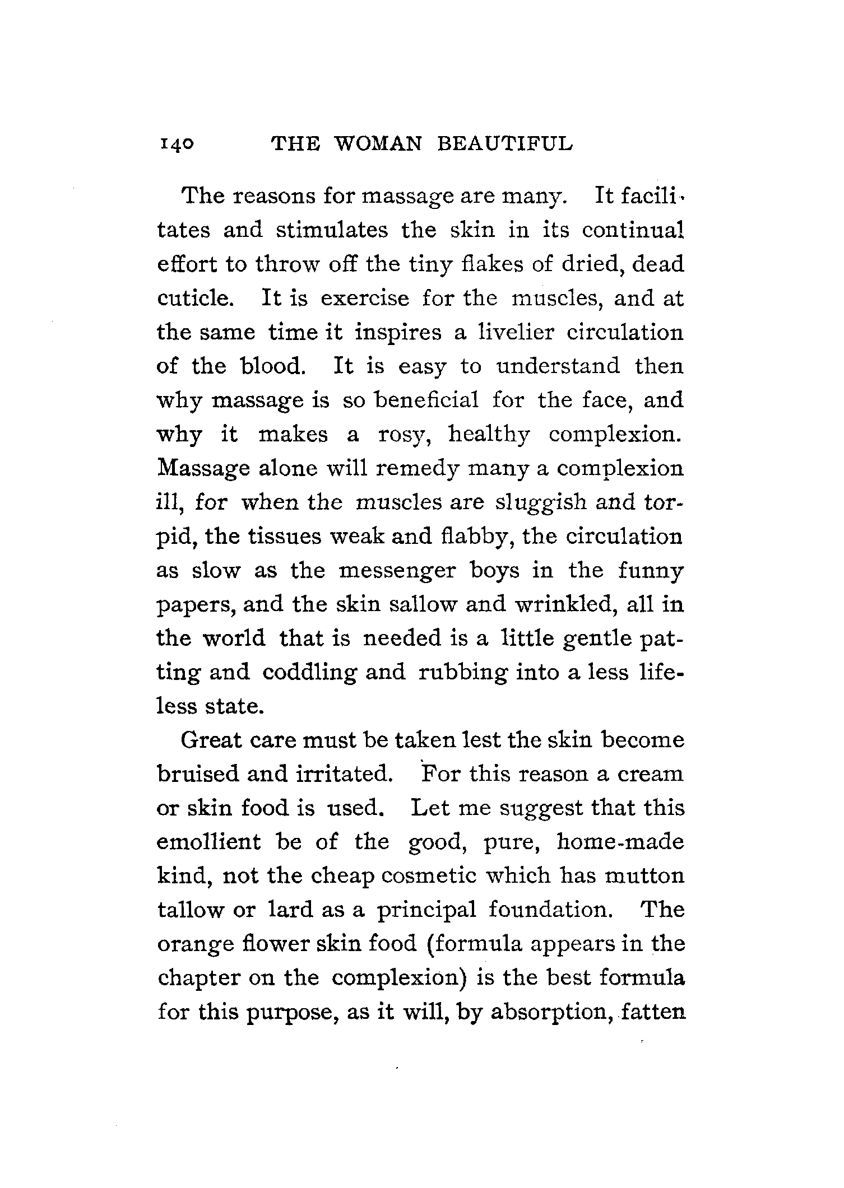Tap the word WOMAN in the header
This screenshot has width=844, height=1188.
[x=377, y=145]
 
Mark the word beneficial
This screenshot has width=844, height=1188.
[x=426, y=400]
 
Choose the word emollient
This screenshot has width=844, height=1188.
[x=209, y=842]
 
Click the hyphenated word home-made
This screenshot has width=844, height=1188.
[x=620, y=842]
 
